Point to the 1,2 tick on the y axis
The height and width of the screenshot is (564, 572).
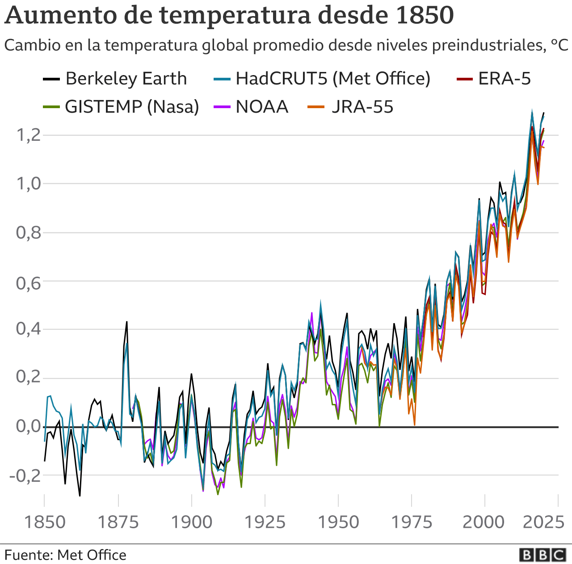coord(29,135)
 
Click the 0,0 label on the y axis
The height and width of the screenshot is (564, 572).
coord(29,427)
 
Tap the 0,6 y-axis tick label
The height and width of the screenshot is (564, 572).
coord(29,282)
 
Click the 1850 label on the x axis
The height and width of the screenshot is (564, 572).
coord(44,522)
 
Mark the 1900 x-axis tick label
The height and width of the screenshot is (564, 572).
coord(192,522)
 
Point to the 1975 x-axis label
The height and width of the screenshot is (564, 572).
coord(412,522)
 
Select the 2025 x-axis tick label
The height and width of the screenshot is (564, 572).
coord(543,522)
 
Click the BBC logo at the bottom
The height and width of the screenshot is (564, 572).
coord(543,555)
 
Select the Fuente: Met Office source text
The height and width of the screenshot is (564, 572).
coord(65,555)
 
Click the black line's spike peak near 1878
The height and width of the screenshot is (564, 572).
coord(126,322)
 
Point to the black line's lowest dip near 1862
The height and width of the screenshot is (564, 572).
coord(80,496)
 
